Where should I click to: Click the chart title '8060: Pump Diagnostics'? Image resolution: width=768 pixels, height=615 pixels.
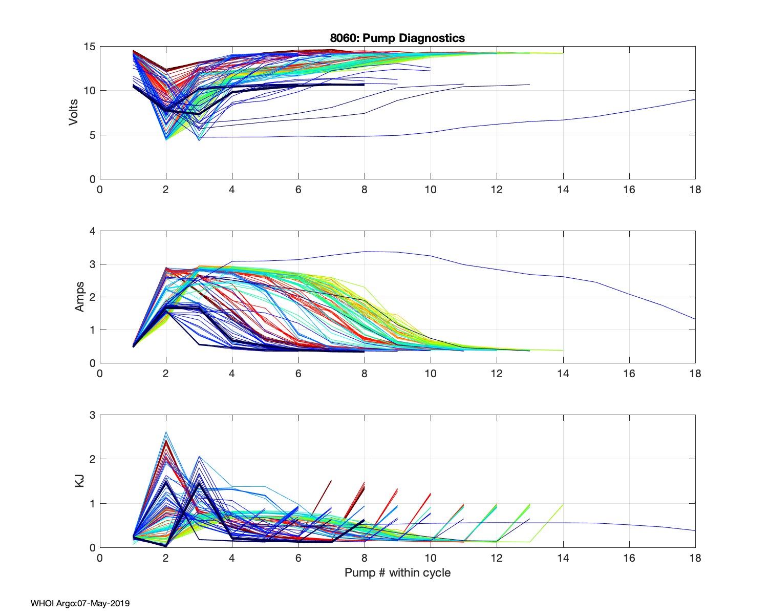(x=397, y=38)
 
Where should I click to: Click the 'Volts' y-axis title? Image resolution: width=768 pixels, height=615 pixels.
(x=73, y=113)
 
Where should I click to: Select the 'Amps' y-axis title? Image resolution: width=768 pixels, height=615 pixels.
(x=80, y=297)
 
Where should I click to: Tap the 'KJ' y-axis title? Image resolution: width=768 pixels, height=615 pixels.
(x=80, y=481)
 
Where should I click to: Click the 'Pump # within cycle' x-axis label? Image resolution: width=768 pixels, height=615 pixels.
(x=397, y=572)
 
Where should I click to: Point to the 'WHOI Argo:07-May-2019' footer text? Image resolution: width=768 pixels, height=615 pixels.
(x=80, y=603)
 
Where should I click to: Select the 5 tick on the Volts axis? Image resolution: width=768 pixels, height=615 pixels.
(x=92, y=135)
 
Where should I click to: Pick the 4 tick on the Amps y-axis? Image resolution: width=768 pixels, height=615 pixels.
(x=92, y=231)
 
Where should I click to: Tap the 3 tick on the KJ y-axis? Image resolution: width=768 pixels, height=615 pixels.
(x=92, y=415)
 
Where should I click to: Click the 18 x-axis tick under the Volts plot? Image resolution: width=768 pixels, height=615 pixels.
(x=695, y=190)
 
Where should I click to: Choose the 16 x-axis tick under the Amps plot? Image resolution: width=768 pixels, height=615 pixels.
(x=629, y=374)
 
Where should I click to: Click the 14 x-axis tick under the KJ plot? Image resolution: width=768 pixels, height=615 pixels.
(x=563, y=558)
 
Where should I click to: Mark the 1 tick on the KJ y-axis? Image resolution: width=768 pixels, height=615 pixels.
(x=92, y=503)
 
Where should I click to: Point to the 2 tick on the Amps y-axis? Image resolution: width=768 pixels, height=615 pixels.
(x=92, y=297)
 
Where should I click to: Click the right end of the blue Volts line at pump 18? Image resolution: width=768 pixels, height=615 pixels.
(x=695, y=99)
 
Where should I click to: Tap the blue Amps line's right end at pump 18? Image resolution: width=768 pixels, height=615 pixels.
(x=695, y=319)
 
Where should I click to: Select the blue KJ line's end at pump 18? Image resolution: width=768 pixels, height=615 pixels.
(x=695, y=530)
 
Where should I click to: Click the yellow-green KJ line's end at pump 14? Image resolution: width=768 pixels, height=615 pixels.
(x=563, y=505)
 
